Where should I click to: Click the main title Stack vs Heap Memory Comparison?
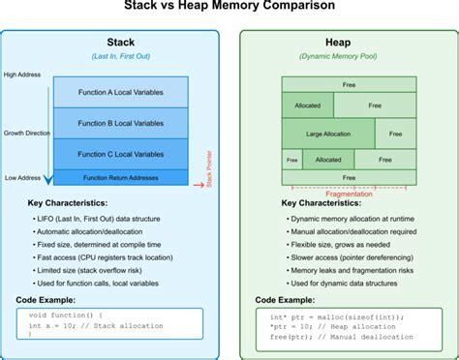[229, 7]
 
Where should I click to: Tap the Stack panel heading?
[120, 43]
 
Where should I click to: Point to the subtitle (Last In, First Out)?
[120, 56]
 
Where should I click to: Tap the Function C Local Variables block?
[122, 153]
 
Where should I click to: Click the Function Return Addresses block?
[122, 176]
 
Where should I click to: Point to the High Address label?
[22, 75]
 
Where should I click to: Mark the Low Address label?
[22, 177]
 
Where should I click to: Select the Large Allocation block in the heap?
[327, 133]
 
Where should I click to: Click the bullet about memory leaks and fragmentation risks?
[348, 273]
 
